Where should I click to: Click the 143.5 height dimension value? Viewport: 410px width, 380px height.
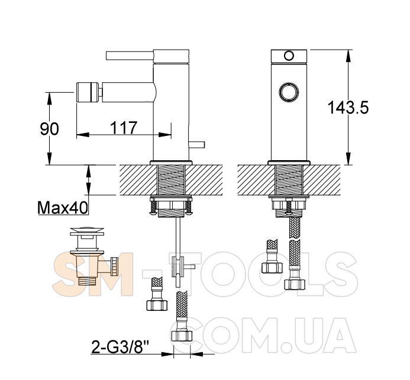pos(348,108)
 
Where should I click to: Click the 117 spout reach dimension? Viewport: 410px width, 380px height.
pos(124,128)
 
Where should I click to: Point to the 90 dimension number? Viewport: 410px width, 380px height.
pos(50,129)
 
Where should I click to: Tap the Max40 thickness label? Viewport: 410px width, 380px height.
pos(63,208)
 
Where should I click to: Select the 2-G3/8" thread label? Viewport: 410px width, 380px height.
pos(120,347)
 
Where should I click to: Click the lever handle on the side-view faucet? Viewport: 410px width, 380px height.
pos(130,56)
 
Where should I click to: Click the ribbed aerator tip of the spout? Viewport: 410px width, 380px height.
pos(88,92)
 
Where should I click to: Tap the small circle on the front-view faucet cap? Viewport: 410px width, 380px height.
pos(289,56)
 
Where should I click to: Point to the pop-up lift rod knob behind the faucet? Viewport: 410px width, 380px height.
pos(196,145)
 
